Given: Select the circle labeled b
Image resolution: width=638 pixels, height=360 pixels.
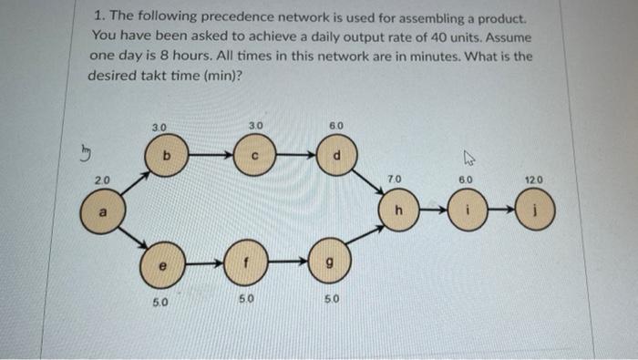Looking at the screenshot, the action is pos(165,158).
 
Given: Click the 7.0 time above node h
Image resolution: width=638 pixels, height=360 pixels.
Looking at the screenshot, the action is pos(395,181).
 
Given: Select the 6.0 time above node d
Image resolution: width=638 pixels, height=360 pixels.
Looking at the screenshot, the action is pos(334,125).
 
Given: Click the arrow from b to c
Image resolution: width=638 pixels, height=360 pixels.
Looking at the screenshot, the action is pos(211,158).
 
